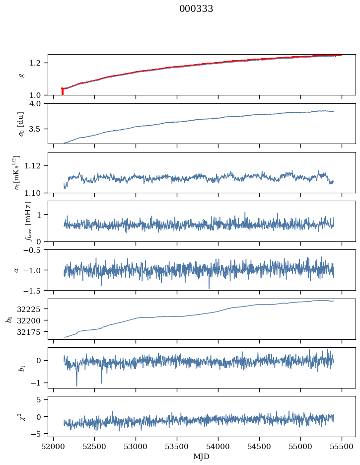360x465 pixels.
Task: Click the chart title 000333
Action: click(196, 9)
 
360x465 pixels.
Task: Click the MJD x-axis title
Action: click(202, 456)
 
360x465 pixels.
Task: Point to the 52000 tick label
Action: click(54, 446)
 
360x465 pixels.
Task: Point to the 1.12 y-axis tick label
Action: click(36, 165)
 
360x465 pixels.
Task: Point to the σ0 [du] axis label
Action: click(20, 124)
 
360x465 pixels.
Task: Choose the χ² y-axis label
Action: click(20, 417)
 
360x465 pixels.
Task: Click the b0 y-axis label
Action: click(9, 319)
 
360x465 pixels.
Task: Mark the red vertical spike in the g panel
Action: click(62, 91)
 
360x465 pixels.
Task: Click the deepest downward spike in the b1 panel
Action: click(76, 385)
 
